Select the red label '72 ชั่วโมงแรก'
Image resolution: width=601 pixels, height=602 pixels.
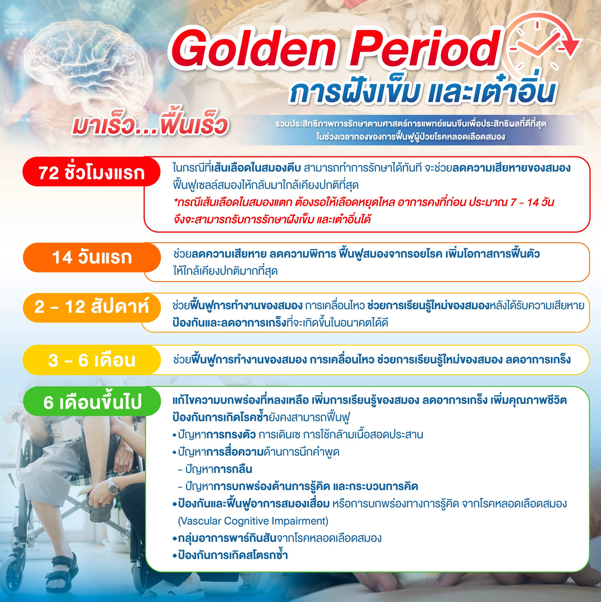[92, 172]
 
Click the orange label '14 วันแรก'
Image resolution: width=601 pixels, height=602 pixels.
[92, 258]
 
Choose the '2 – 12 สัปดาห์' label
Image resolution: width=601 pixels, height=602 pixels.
[92, 307]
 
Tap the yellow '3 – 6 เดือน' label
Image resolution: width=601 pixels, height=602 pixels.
[92, 360]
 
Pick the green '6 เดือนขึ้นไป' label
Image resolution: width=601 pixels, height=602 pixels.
[92, 402]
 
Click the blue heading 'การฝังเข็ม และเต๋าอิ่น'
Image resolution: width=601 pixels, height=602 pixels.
[422, 91]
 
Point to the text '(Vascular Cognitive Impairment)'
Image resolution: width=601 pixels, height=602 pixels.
[253, 521]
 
